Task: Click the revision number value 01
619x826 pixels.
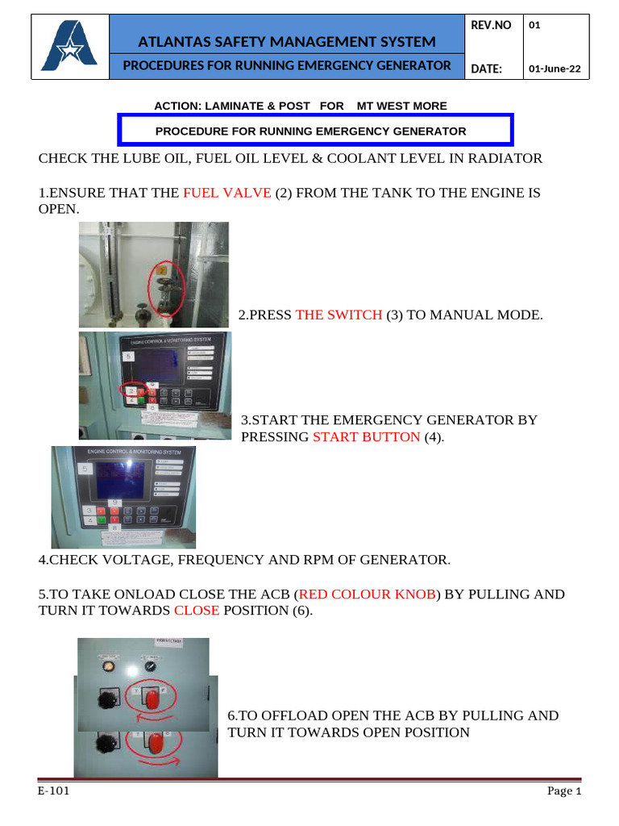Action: click(534, 26)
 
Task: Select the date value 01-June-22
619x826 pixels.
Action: click(554, 69)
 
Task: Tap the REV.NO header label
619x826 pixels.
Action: click(491, 26)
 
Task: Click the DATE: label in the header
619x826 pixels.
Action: click(486, 69)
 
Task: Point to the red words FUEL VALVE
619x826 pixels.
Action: click(227, 194)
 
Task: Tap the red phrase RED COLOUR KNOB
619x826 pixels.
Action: click(368, 594)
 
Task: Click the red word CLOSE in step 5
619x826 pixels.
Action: click(197, 611)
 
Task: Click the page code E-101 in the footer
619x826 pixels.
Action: click(53, 791)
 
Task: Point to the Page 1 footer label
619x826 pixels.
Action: click(564, 791)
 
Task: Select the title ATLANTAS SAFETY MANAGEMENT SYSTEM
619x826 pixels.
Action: click(287, 42)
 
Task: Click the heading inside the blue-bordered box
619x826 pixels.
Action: click(310, 131)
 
